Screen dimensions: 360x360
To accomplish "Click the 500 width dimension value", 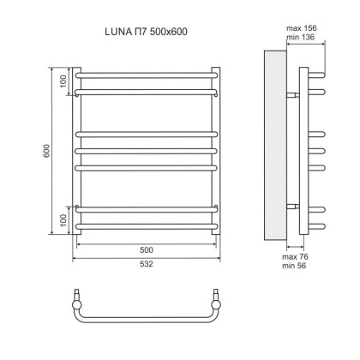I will tap(147, 250).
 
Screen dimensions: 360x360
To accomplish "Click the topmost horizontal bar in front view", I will tap(147, 75).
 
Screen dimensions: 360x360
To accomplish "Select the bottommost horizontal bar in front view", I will tap(147, 226).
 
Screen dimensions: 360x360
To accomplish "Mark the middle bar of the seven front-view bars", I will tap(147, 151).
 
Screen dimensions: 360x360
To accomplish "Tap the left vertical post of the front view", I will tap(77, 150).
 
